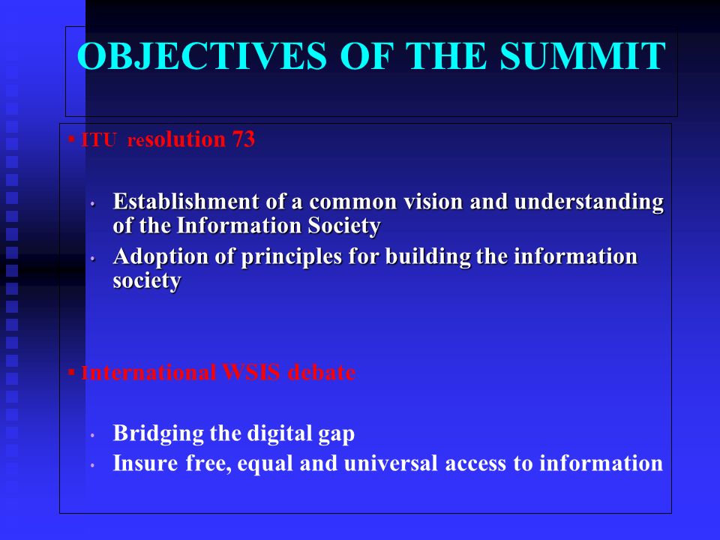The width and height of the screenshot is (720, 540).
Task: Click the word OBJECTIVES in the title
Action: [x=202, y=56]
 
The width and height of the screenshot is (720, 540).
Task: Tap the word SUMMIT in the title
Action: [x=583, y=56]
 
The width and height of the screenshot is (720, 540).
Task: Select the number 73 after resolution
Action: [x=243, y=139]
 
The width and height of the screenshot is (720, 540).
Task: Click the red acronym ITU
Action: [x=98, y=139]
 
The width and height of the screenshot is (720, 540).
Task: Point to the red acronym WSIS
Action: [x=250, y=372]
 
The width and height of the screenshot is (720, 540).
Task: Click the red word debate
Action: [x=322, y=372]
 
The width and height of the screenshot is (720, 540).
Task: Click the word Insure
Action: [x=145, y=463]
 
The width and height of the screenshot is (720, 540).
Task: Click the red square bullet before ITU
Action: [x=71, y=138]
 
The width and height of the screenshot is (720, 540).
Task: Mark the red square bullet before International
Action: [x=71, y=371]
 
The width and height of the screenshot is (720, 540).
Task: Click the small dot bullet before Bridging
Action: [x=92, y=435]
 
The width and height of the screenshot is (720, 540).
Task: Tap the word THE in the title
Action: [x=445, y=56]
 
